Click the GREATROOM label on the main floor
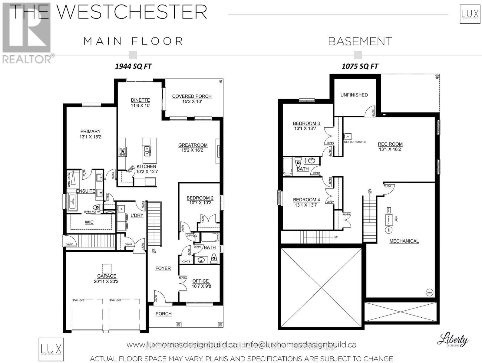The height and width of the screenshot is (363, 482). pyautogui.click(x=193, y=145)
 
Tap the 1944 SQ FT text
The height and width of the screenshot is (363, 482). pyautogui.click(x=133, y=66)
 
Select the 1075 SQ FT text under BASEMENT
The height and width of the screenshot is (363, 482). pyautogui.click(x=360, y=66)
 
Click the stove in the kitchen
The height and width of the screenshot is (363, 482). pyautogui.click(x=122, y=151)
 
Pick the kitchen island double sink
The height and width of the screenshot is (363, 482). pyautogui.click(x=147, y=151)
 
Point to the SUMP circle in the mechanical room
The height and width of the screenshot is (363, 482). pyautogui.click(x=430, y=293)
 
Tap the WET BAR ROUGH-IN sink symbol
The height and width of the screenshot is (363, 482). pyautogui.click(x=347, y=136)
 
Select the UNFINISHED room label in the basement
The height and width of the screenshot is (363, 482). pyautogui.click(x=354, y=95)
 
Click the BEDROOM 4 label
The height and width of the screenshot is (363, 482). pyautogui.click(x=306, y=200)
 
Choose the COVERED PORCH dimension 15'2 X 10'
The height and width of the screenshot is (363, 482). pyautogui.click(x=192, y=102)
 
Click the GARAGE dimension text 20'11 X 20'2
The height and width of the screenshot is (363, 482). pyautogui.click(x=107, y=281)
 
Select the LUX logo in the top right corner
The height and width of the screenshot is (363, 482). pyautogui.click(x=470, y=14)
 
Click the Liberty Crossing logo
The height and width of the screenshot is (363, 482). pyautogui.click(x=453, y=340)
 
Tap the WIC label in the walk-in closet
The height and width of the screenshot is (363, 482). pyautogui.click(x=89, y=222)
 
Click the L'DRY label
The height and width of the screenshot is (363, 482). pyautogui.click(x=137, y=215)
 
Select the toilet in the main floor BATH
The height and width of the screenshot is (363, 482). pyautogui.click(x=214, y=258)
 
